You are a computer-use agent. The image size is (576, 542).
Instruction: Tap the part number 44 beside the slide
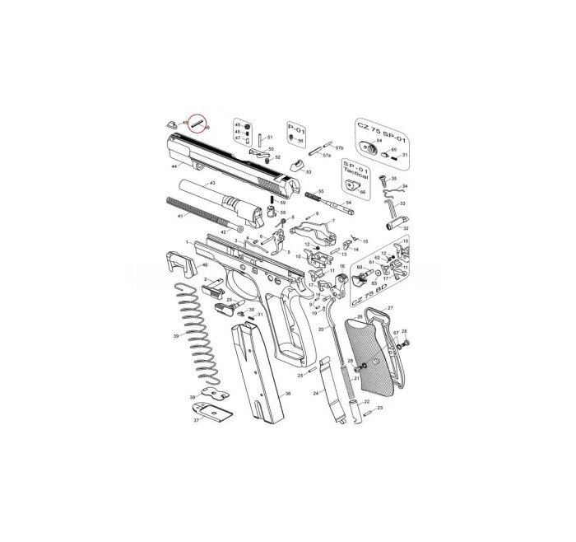(x=174, y=166)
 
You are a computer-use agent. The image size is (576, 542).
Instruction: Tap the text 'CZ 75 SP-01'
(x=382, y=131)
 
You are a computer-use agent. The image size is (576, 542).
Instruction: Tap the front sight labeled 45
(x=174, y=122)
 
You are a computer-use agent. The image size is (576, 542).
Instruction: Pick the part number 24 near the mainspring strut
(x=315, y=395)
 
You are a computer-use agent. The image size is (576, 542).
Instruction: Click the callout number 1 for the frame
(x=188, y=242)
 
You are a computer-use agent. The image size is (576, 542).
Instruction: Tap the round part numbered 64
(x=367, y=149)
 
